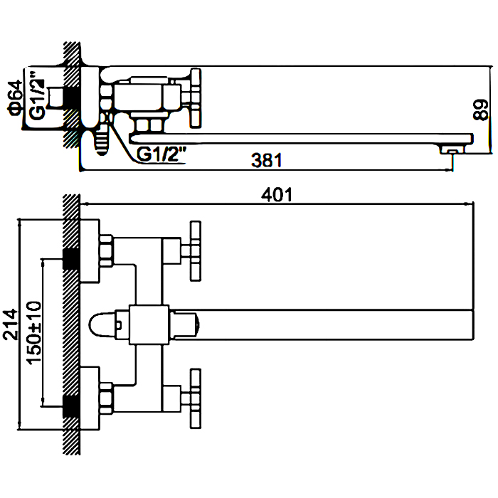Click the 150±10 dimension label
[x=33, y=333]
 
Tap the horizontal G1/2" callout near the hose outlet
[x=161, y=154]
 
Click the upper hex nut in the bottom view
[x=107, y=248]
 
